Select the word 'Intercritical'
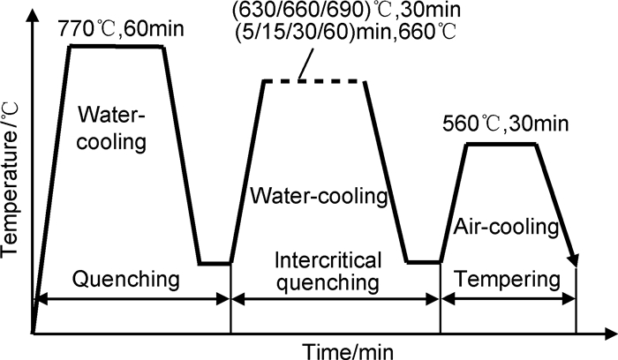click(328, 262)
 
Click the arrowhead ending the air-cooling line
click(576, 260)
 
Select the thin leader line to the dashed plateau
click(306, 64)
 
